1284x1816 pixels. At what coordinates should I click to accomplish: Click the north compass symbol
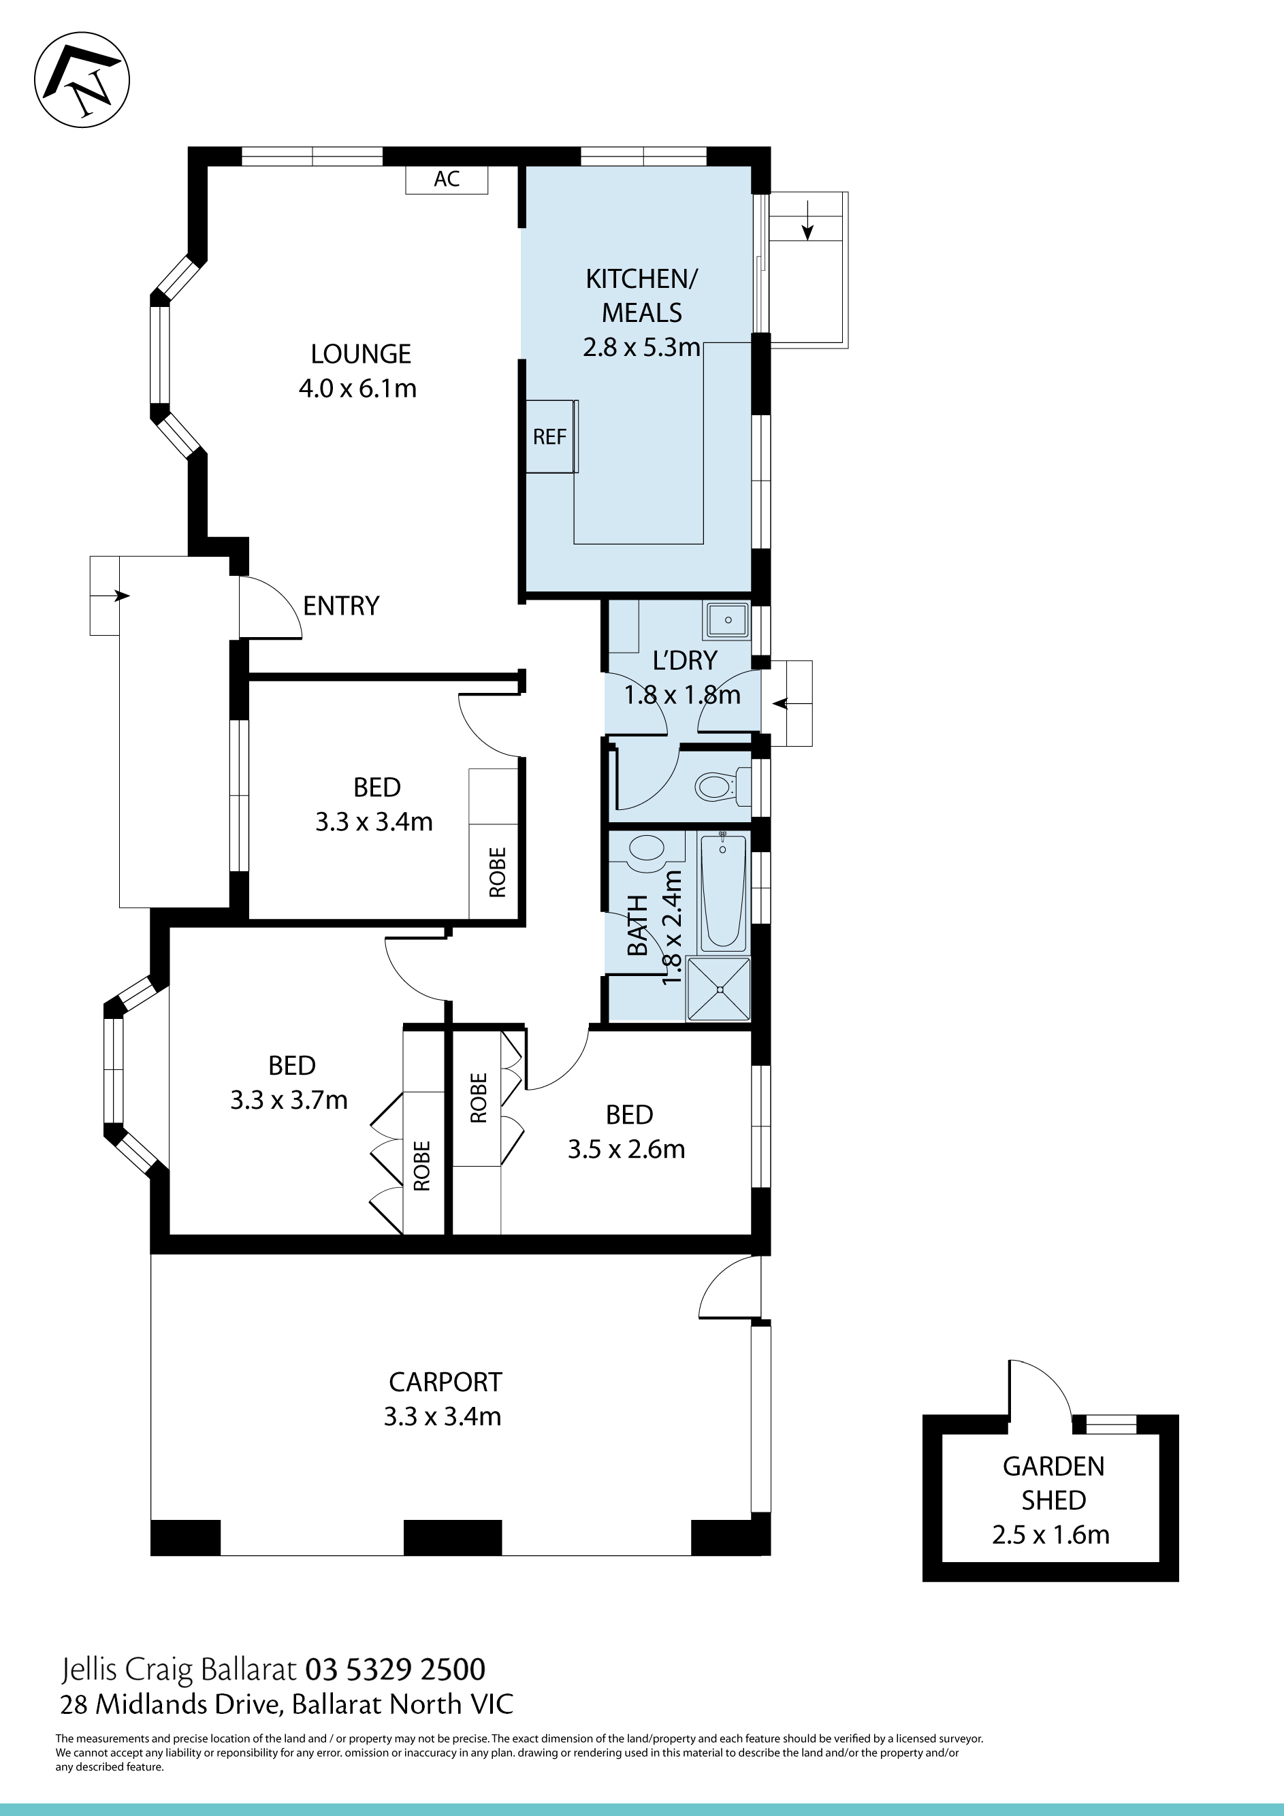[82, 81]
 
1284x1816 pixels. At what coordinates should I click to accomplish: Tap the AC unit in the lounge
[447, 180]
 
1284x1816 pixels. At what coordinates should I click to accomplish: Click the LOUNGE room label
[361, 353]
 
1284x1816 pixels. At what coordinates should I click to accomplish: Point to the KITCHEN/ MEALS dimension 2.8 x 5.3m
[641, 347]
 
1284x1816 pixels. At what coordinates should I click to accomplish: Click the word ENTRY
[341, 606]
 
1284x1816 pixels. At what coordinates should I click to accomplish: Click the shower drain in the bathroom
[720, 990]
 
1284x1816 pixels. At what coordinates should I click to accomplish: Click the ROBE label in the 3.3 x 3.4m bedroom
[498, 873]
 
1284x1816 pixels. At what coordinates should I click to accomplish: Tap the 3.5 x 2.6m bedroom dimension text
[626, 1149]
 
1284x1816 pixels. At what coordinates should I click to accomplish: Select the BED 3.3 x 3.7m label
[289, 1083]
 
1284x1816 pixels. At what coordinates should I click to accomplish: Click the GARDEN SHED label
[1053, 1483]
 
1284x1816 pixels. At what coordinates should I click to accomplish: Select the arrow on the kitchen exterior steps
[807, 221]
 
